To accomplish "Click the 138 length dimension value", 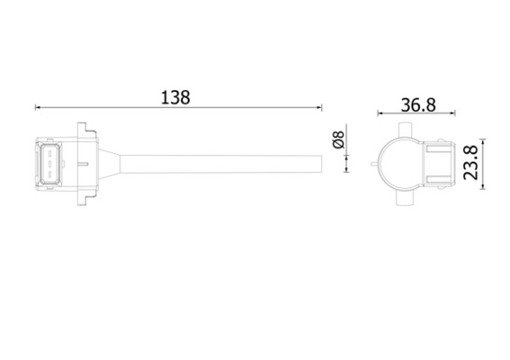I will (x=177, y=97).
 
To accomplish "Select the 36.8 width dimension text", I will (x=418, y=104).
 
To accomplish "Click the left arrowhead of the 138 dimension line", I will (x=39, y=108).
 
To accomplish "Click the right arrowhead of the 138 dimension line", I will (x=318, y=108).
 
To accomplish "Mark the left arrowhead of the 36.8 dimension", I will (x=380, y=114).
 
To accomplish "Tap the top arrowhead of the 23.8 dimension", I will (x=485, y=142).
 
